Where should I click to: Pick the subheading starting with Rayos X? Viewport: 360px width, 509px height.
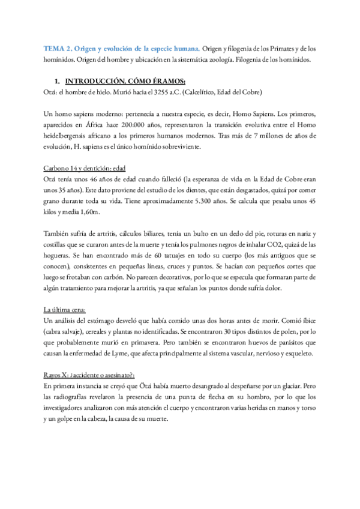pos(90,376)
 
